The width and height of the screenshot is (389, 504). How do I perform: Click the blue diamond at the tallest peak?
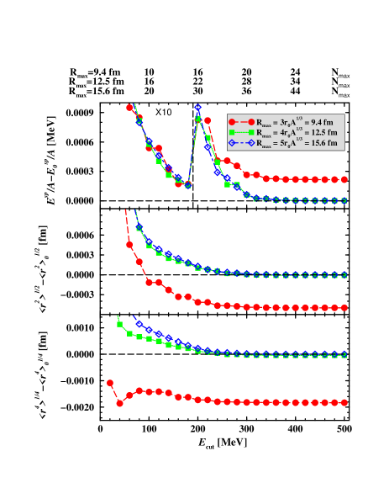[197, 108]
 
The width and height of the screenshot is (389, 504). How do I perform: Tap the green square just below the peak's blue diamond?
[197, 119]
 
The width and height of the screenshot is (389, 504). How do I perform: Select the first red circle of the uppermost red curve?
[129, 107]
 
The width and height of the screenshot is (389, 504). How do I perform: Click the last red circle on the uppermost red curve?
[344, 179]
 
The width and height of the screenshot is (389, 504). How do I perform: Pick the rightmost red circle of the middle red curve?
[344, 308]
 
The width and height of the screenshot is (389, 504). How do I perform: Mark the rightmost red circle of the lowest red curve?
[344, 403]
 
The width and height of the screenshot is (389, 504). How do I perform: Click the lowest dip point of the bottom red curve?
[119, 403]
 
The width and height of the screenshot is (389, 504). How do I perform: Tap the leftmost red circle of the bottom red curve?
[110, 383]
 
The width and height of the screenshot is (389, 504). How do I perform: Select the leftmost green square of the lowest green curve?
[119, 323]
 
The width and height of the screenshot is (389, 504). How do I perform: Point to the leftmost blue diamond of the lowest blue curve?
[139, 323]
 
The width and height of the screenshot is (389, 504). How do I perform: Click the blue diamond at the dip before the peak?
[187, 185]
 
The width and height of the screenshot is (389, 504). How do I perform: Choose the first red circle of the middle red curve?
[129, 245]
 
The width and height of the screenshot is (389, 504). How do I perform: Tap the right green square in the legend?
[251, 133]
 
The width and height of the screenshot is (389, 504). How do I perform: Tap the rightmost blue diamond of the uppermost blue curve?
[344, 200]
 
